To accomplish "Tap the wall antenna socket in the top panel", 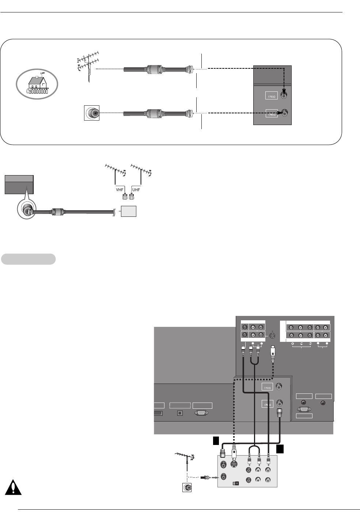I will pos(92,113).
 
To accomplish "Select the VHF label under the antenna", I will pos(120,190).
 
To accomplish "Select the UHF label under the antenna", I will pos(136,190).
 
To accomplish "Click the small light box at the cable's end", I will pos(129,211).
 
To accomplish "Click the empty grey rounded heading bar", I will pos(29,259).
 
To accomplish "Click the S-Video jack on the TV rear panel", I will pos(273,335).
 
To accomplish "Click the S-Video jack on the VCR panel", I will pos(234,464).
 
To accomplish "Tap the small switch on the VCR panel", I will pos(236,483).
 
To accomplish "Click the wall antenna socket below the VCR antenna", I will pos(187,487).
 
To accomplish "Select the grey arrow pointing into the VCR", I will pos(215,477).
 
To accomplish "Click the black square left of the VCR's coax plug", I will pos(216,441).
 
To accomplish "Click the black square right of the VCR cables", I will pos(280,449).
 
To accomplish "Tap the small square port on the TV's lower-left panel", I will pos(179,413).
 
